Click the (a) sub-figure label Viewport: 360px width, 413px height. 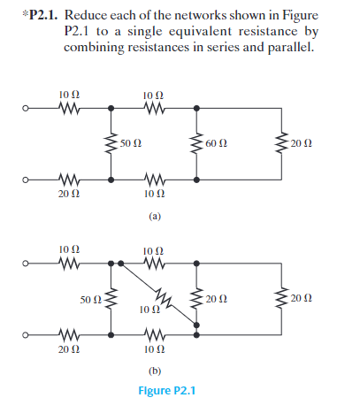click(155, 215)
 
